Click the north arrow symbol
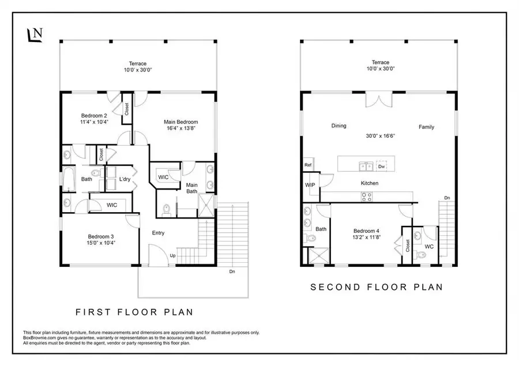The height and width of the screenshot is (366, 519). click(35, 34)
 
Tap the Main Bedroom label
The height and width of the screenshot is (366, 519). click(181, 122)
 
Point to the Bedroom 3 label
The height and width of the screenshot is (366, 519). click(101, 236)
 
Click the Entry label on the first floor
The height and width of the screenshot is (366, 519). click(158, 233)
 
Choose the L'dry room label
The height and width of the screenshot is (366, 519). click(125, 179)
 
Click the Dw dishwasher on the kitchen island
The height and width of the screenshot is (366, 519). click(381, 166)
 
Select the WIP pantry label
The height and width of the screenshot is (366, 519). click(309, 185)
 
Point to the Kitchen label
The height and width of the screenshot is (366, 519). click(370, 183)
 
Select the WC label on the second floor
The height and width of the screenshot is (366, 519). click(428, 247)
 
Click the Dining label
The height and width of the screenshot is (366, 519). click(339, 126)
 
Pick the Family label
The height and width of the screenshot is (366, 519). click(427, 127)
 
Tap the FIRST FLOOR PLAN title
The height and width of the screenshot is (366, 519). click(134, 312)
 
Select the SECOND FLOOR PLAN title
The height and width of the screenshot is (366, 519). click(377, 287)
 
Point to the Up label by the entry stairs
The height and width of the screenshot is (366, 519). click(173, 255)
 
